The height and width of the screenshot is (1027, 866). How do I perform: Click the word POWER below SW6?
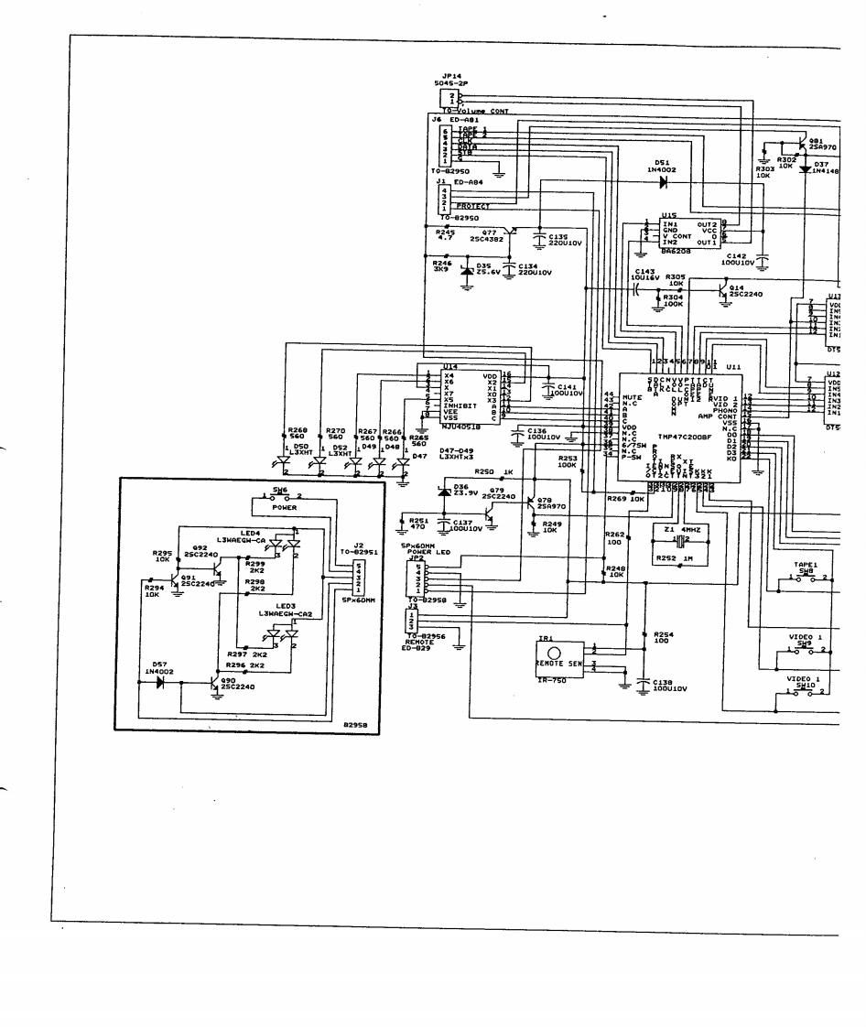point(285,506)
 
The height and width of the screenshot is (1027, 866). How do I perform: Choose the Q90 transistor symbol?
point(216,684)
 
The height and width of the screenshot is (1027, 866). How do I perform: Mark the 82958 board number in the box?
point(355,724)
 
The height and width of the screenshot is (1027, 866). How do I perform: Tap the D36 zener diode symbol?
point(445,492)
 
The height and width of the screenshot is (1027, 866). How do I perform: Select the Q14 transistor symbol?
point(723,291)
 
